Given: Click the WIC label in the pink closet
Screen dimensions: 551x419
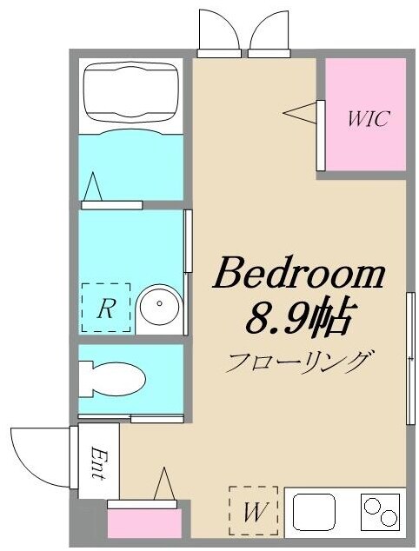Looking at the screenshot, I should coord(368,119).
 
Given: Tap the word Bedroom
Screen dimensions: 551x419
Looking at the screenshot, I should coord(298,274).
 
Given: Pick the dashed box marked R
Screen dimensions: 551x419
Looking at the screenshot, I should coord(105,309).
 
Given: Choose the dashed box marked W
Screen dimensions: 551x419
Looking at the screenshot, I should coord(253,511).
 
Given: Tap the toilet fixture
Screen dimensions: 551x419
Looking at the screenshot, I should coord(111,379).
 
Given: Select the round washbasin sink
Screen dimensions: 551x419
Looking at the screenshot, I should coord(160,307).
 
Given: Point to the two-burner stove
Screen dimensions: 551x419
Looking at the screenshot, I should coord(380,511).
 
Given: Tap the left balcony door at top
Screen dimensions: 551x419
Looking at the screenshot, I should coord(219,33).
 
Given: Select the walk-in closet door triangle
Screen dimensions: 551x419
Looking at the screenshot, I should coord(299,112).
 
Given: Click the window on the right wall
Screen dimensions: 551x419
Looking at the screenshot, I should coord(409,357).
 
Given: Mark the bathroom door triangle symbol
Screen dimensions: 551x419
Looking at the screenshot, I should coord(93,186).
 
